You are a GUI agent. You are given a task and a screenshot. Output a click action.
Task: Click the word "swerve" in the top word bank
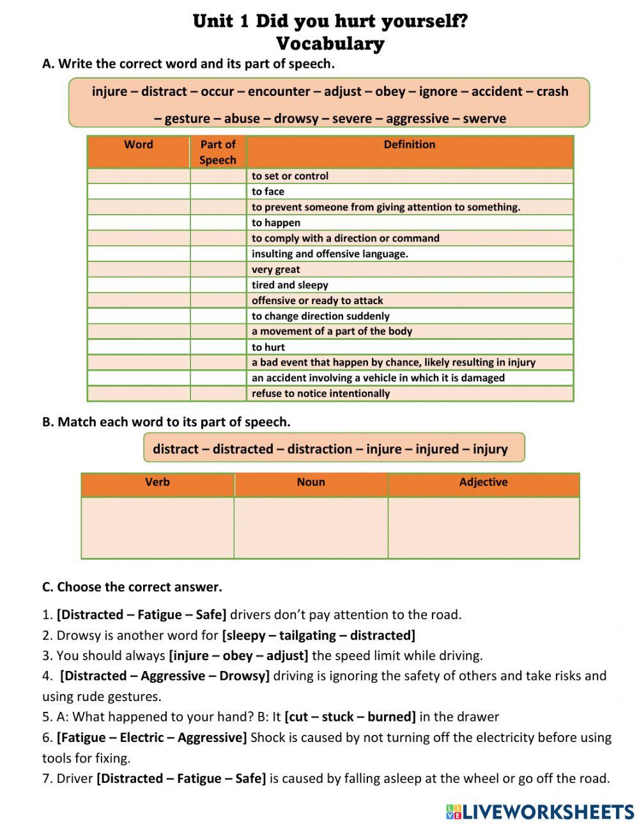[x=484, y=118]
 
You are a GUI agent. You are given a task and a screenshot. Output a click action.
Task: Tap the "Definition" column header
[x=410, y=144]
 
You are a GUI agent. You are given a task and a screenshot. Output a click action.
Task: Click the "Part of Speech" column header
[x=218, y=152]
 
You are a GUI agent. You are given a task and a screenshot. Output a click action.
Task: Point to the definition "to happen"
[x=276, y=222]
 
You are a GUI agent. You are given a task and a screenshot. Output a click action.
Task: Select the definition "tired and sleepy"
[x=290, y=285]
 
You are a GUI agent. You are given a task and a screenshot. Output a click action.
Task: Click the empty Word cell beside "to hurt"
[x=139, y=347]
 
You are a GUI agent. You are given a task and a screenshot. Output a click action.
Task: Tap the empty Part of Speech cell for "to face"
[x=218, y=192]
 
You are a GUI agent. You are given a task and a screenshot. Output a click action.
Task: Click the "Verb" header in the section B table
[x=158, y=482]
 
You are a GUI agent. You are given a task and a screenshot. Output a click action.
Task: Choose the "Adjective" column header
[x=483, y=482]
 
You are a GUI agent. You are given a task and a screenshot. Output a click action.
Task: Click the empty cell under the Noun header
[x=311, y=527]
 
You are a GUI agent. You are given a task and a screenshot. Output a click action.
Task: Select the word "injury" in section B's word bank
[x=490, y=449]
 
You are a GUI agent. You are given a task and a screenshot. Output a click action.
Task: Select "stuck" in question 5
[x=338, y=717]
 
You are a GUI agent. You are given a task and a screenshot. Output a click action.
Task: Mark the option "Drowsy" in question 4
[x=243, y=676]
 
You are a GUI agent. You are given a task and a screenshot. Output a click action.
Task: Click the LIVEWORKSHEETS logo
[x=539, y=812]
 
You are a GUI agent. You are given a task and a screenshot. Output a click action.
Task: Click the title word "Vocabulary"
[x=330, y=43]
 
